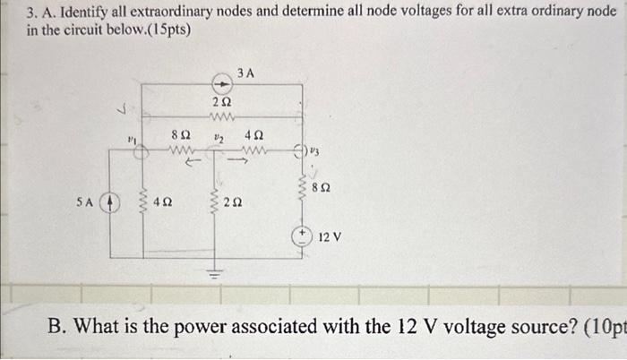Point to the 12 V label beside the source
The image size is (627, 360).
coord(330,237)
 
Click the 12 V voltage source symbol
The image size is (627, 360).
coord(303,238)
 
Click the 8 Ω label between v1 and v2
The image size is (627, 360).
coord(178,133)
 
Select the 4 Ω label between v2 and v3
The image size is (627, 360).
coord(253,133)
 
